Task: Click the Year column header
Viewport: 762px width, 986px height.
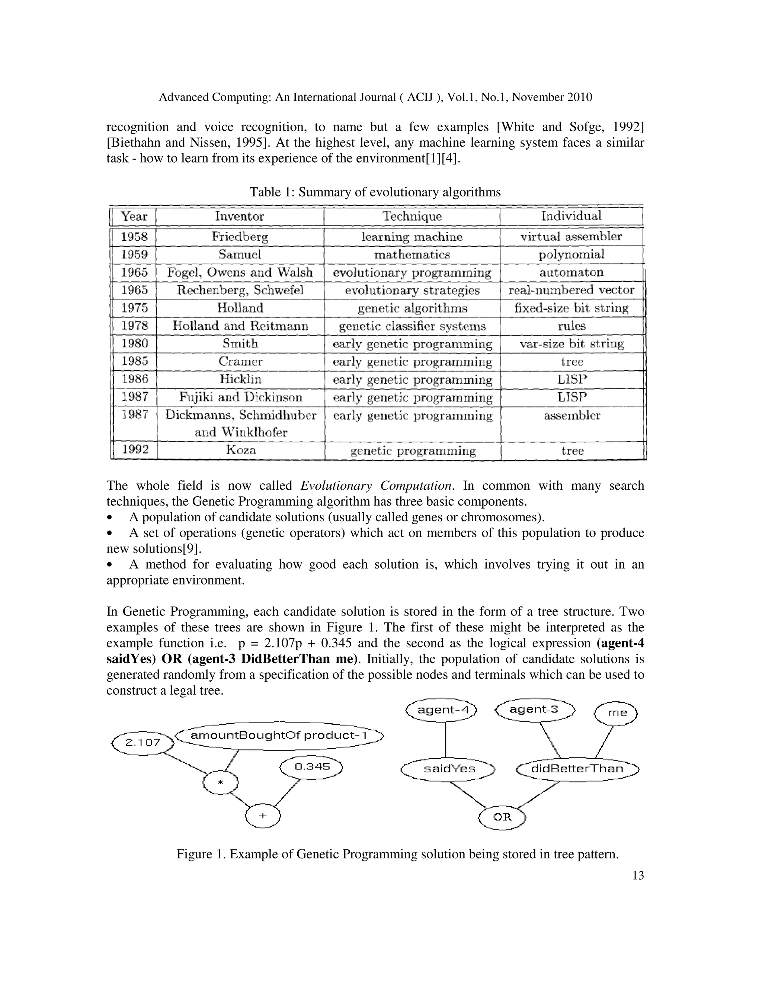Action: point(134,216)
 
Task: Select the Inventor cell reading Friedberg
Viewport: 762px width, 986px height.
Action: point(240,237)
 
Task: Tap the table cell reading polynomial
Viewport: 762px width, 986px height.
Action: point(571,254)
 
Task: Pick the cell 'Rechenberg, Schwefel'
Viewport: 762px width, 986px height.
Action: point(240,290)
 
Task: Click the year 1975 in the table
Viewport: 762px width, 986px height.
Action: point(134,308)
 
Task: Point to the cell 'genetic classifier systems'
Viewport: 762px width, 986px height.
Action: point(412,326)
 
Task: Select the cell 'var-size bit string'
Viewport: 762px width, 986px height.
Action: point(571,343)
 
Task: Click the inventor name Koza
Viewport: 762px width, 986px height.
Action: point(241,450)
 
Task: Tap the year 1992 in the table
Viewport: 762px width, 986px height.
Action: point(135,450)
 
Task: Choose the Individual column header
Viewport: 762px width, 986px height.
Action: point(571,216)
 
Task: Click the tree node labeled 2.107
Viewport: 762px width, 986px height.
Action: point(143,742)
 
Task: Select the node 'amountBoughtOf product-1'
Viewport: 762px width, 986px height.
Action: point(279,736)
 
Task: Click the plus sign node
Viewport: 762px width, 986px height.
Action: point(263,816)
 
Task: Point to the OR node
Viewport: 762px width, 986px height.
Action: point(502,817)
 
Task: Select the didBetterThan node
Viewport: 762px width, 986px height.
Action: point(577,768)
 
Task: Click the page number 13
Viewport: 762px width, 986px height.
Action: point(638,876)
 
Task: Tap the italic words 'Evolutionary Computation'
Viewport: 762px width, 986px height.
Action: point(377,486)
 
